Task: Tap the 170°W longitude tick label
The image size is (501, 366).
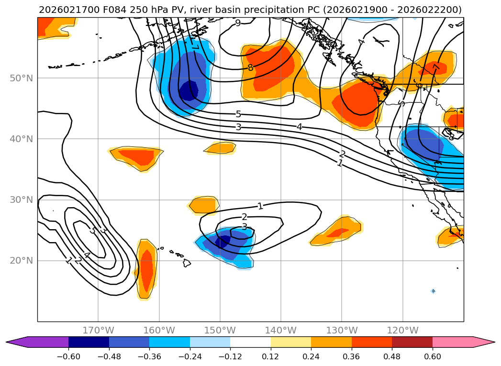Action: pos(98,330)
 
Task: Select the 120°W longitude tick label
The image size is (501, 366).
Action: pos(402,330)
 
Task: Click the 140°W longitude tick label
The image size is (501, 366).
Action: pos(281,330)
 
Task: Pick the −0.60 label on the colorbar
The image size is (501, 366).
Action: pos(68,357)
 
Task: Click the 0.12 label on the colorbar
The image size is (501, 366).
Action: pos(270,357)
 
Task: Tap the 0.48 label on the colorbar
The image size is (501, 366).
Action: pos(392,357)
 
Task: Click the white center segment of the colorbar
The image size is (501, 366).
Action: pos(250,342)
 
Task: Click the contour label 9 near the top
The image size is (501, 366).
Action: pos(238,23)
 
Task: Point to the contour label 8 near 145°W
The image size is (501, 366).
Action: pos(250,68)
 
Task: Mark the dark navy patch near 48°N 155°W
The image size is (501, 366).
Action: pos(189,90)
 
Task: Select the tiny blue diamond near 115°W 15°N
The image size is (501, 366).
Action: pos(433,291)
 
